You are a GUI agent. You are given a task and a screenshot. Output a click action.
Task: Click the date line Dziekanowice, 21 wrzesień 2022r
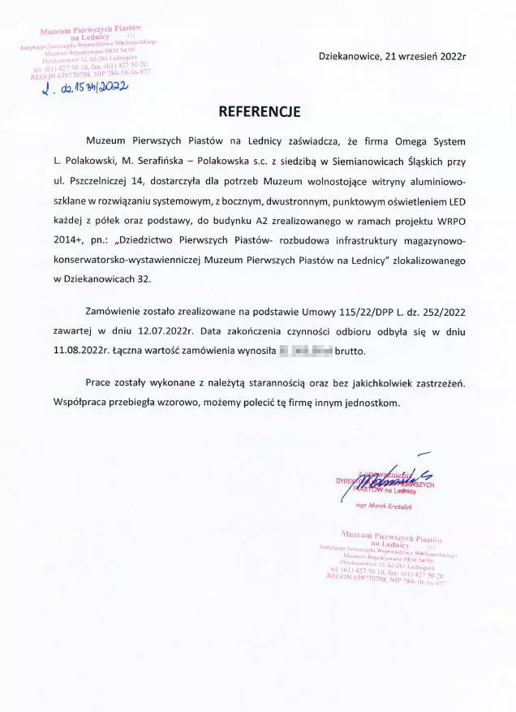pyautogui.click(x=393, y=57)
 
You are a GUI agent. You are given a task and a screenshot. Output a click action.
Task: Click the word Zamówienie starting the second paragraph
pyautogui.click(x=117, y=311)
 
